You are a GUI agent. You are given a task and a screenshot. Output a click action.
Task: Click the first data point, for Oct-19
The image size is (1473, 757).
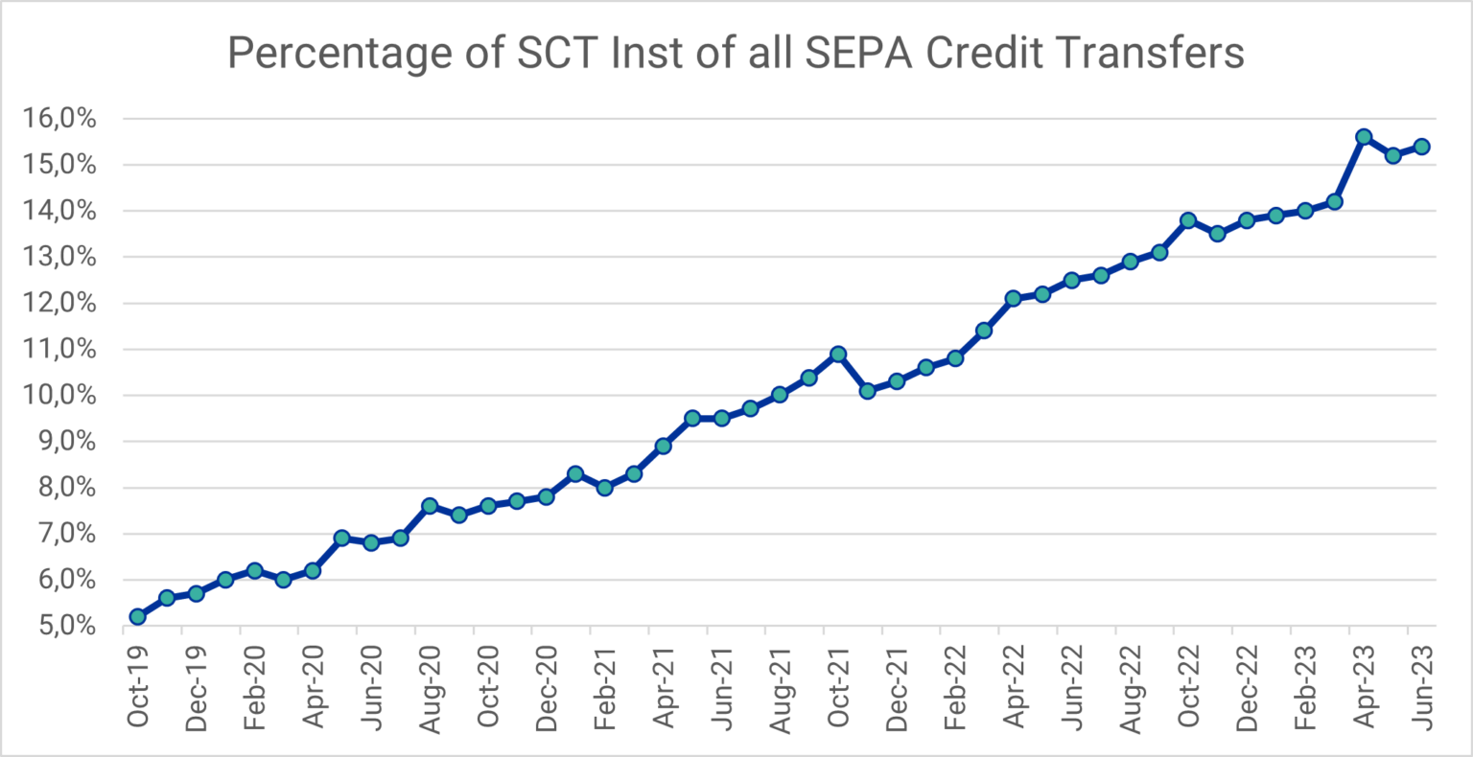(x=138, y=616)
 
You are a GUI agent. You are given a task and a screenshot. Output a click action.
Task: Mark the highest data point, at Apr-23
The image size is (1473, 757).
(x=1364, y=137)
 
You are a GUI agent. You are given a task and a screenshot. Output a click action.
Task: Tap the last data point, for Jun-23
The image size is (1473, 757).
(x=1421, y=147)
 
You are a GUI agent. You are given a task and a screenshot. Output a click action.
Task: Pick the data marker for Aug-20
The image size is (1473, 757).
(x=430, y=506)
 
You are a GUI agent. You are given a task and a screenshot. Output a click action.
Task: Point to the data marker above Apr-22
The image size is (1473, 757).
(x=1013, y=298)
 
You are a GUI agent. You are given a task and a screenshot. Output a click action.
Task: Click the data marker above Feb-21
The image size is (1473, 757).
(x=604, y=488)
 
